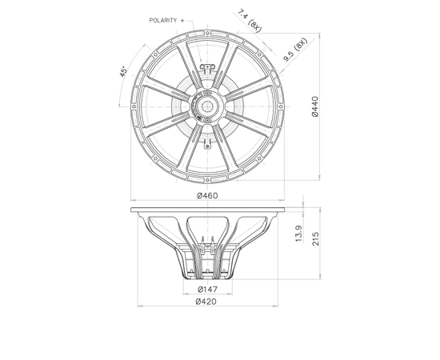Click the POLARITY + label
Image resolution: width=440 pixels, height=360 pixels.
(166, 21)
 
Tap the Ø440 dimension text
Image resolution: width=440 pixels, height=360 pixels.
(315, 106)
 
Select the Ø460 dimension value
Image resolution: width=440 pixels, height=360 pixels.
(207, 195)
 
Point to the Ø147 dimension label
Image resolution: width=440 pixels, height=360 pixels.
(207, 289)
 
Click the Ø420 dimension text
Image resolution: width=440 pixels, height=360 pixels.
(206, 302)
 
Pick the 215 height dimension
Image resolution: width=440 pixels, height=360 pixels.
(316, 238)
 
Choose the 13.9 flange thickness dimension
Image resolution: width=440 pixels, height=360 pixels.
(299, 234)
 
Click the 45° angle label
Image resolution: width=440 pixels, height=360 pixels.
(123, 71)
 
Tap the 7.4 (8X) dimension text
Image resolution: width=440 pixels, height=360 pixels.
(250, 21)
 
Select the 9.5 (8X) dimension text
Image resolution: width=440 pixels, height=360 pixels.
(295, 50)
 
